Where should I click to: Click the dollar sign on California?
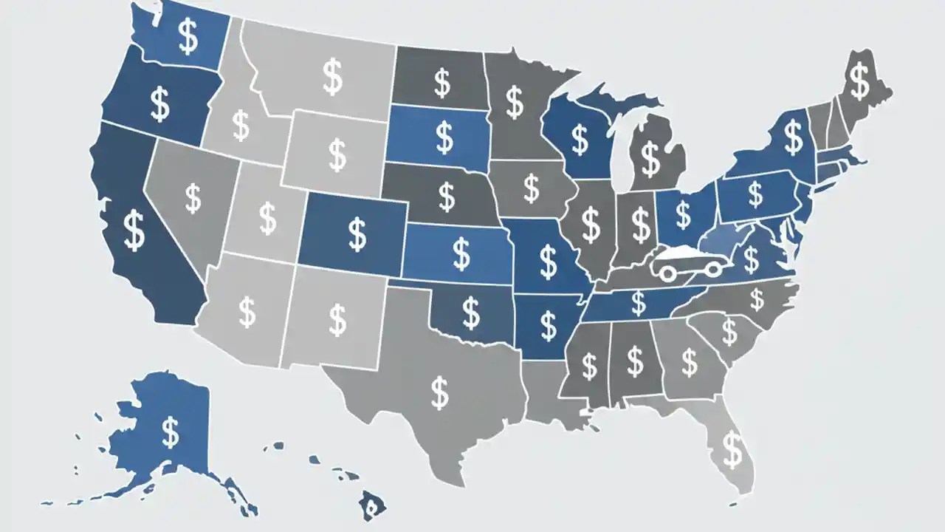[x=134, y=231]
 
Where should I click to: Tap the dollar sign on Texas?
[x=439, y=393]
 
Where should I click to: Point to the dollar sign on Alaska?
[x=171, y=432]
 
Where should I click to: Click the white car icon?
[x=688, y=262]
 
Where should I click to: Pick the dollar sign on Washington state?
[x=188, y=37]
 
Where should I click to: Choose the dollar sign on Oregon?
[x=159, y=103]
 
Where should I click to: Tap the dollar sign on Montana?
[x=333, y=77]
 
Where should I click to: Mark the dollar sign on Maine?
[x=859, y=81]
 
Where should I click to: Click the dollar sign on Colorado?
[x=357, y=233]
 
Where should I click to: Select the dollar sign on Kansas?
[x=461, y=253]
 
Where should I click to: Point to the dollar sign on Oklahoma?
[x=470, y=311]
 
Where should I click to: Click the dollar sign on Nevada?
[x=193, y=198]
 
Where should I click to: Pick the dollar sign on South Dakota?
[x=444, y=137]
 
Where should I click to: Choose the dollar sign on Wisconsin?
[x=580, y=140]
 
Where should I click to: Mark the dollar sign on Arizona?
[x=247, y=313]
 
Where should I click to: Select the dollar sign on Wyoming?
[x=337, y=154]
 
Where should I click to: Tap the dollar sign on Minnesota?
[x=515, y=103]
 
